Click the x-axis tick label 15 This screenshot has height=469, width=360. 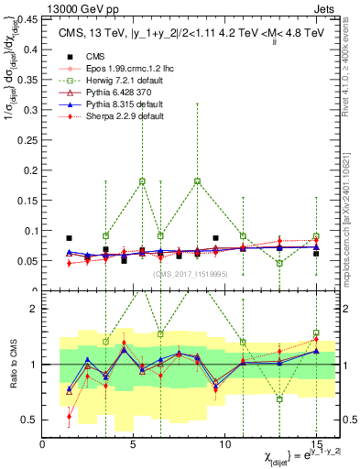316,444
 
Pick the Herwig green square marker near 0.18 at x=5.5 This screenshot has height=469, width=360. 142,181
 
